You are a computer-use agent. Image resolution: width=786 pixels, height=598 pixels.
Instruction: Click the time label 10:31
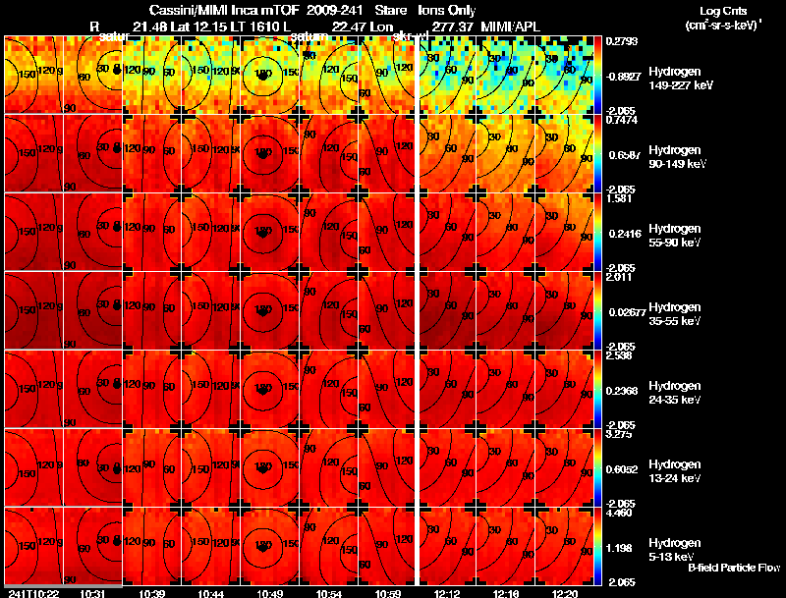(93, 593)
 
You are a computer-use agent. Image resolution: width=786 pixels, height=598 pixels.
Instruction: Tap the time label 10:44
(212, 593)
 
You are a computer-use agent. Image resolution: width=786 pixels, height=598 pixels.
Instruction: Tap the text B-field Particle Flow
(733, 568)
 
